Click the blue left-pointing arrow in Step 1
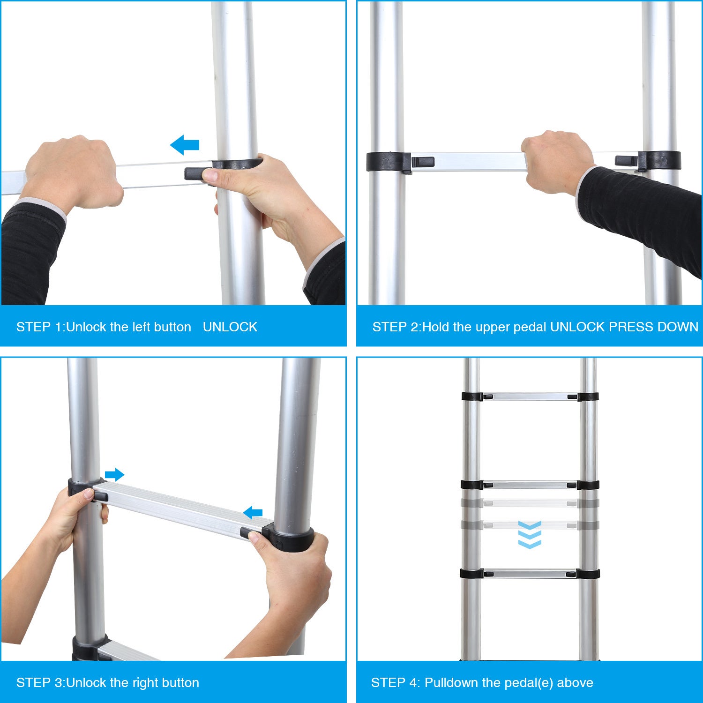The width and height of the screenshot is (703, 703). click(x=185, y=145)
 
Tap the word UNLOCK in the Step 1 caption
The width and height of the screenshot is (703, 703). click(x=230, y=327)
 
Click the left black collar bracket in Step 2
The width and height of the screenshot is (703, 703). click(x=389, y=162)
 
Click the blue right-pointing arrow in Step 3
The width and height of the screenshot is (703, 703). click(x=114, y=475)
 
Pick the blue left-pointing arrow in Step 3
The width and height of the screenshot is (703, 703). click(x=253, y=513)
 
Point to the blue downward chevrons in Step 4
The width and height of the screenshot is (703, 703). click(x=530, y=535)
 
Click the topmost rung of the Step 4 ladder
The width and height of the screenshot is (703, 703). click(x=530, y=396)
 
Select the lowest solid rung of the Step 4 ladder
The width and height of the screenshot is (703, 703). click(x=530, y=574)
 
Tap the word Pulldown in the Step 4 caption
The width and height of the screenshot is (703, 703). click(x=455, y=682)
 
